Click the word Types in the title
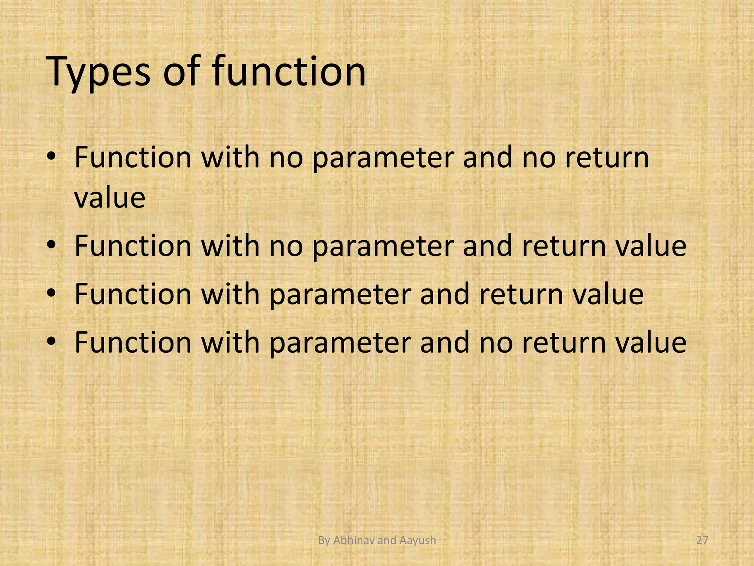click(x=98, y=72)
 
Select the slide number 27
click(x=702, y=541)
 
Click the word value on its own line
click(x=110, y=198)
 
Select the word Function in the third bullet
click(x=133, y=294)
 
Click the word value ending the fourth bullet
click(x=651, y=342)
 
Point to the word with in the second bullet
click(x=230, y=246)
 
